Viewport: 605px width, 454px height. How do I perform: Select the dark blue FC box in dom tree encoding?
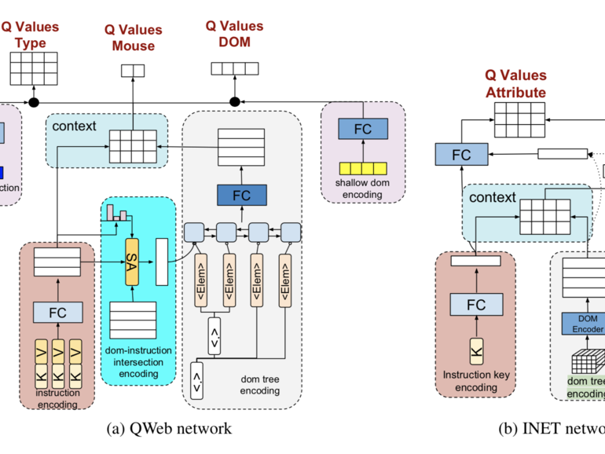(242, 195)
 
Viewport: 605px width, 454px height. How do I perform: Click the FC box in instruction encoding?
(58, 312)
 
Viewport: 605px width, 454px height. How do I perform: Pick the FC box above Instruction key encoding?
(476, 304)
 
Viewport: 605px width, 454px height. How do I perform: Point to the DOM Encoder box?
(583, 324)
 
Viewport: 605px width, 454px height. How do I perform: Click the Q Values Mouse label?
(133, 38)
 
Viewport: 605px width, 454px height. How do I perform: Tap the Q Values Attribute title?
(515, 84)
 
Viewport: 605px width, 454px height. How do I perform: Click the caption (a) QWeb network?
(169, 428)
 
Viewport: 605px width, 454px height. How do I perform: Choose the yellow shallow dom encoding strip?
(363, 168)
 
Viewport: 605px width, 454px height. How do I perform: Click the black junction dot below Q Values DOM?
(234, 101)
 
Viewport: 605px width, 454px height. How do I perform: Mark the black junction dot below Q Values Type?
(34, 101)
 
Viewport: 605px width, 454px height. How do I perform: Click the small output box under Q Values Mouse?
(133, 71)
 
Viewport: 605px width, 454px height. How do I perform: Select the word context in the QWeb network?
(74, 126)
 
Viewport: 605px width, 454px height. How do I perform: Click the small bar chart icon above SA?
(115, 211)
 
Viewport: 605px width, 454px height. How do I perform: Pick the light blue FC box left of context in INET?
(462, 155)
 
